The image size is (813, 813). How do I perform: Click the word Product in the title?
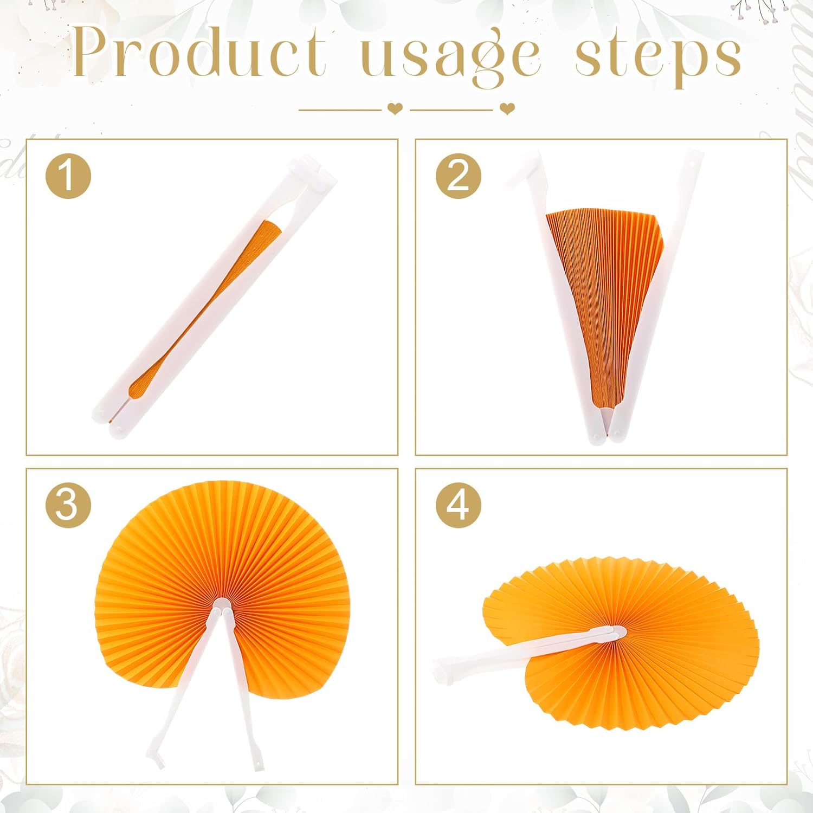199,51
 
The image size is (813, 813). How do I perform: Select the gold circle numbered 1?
68,176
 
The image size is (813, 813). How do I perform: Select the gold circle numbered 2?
459,176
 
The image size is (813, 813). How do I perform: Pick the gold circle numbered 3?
68,505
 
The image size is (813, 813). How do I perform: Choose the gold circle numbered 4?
459,505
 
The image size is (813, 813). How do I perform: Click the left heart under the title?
395,109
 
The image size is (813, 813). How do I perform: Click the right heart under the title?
507,109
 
